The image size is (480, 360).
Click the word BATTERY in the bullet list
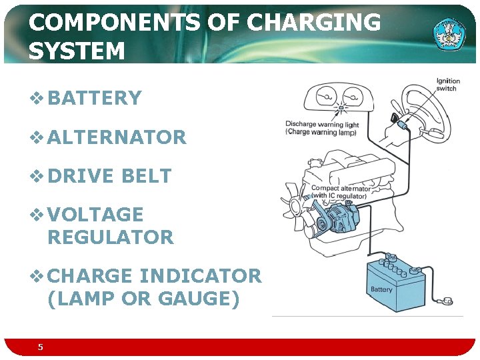pos(95,99)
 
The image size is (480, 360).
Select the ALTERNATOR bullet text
pos(117,137)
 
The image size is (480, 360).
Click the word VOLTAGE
pos(95,215)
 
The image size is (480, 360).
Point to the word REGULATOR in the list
pos(110,237)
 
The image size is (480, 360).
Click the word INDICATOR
pos(201,275)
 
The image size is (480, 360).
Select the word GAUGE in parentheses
pos(198,299)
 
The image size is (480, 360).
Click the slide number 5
pos(41,347)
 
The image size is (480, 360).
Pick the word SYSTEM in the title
pos(77,51)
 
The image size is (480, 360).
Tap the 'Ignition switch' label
pos(447,85)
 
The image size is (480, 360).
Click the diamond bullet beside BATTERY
pos(37,99)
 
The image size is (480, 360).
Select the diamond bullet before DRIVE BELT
pos(37,176)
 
